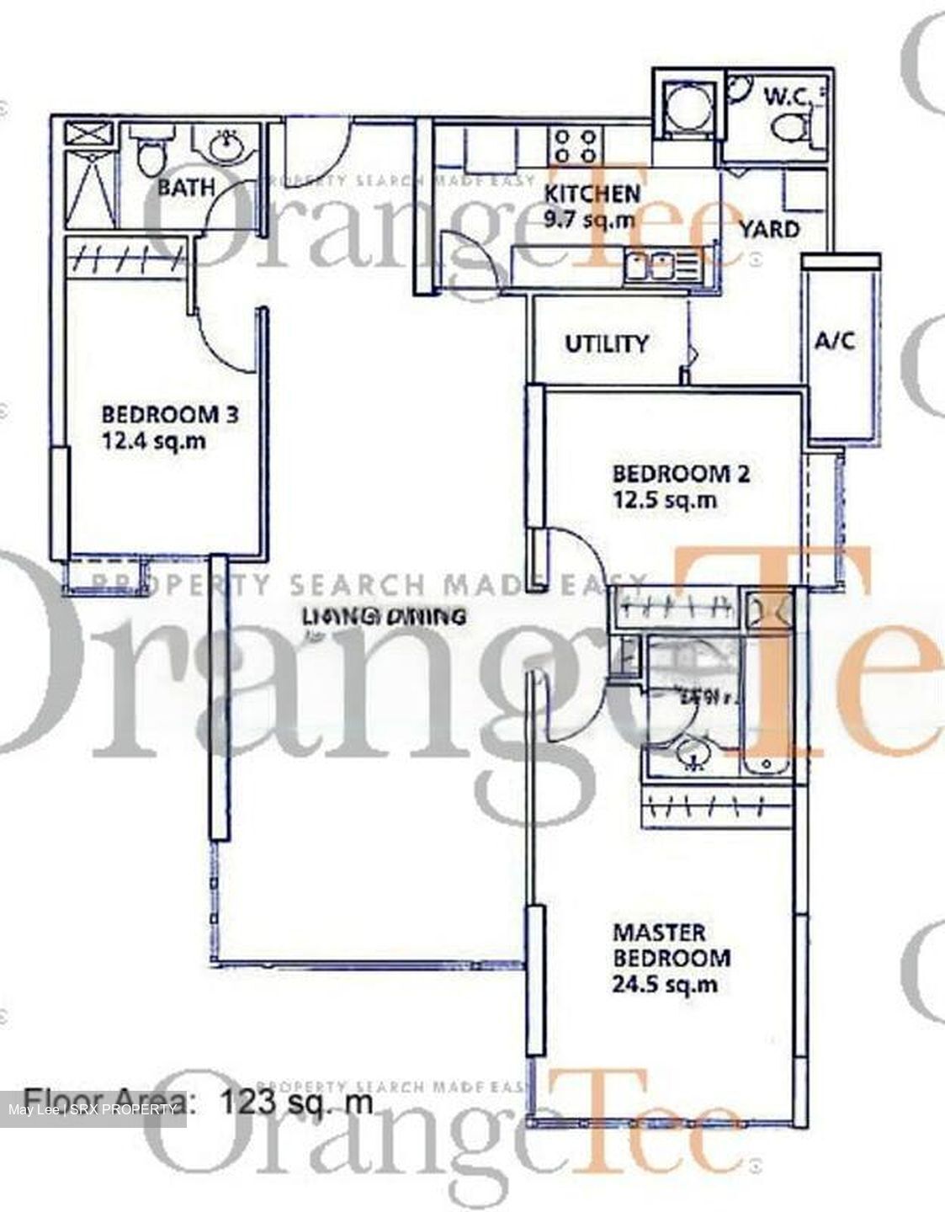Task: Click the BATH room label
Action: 186,187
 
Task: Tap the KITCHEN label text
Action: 592,194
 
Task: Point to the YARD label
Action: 769,229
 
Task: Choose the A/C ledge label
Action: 835,341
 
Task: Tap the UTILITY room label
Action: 606,343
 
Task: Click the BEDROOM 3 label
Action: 170,414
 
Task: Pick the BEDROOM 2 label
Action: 681,473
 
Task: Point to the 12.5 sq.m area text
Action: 665,500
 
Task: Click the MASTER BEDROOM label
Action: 671,945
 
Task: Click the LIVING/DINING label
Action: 384,616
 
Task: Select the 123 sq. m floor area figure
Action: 295,1102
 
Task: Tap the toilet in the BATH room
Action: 153,154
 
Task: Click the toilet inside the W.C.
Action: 788,129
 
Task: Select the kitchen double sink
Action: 649,268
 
